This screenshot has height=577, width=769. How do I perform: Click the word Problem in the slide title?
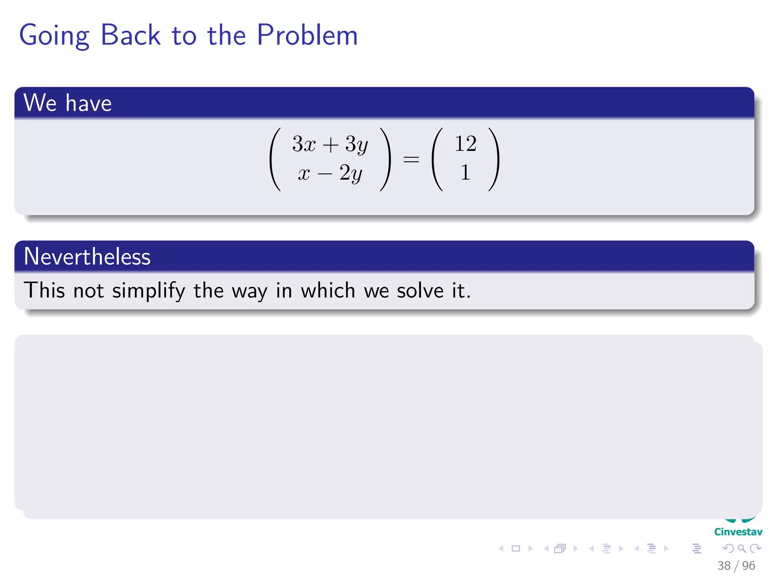(307, 35)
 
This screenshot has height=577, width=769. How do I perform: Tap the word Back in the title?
(131, 35)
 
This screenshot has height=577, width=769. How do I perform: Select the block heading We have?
(68, 103)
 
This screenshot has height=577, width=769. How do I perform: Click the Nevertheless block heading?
(87, 257)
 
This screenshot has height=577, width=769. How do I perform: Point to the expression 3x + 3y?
(330, 144)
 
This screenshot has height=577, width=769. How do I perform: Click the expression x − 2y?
(330, 173)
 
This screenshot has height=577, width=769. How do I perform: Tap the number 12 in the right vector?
(465, 144)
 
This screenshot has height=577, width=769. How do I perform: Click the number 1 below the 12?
(465, 173)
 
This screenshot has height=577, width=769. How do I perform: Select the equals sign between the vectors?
(411, 159)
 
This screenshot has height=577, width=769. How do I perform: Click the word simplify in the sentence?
(149, 291)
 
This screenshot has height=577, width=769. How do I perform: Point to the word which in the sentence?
(328, 290)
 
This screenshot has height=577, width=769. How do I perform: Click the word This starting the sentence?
(44, 290)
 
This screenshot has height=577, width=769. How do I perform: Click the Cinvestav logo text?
(738, 532)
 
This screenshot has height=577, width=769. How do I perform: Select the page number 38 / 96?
(736, 565)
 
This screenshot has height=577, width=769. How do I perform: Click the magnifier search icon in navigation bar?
(742, 549)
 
